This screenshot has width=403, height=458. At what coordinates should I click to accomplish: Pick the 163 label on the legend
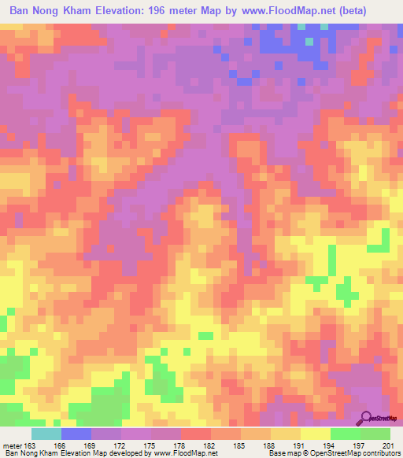tap(31, 446)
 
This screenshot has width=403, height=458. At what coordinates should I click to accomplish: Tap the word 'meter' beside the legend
tap(12, 446)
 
